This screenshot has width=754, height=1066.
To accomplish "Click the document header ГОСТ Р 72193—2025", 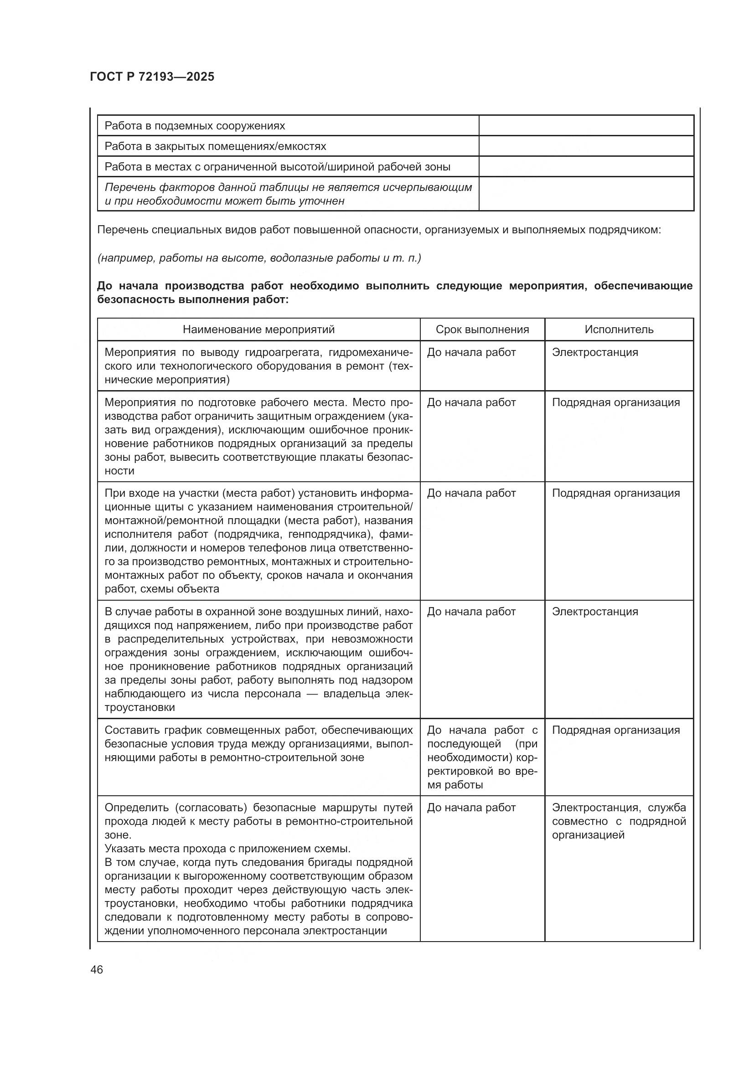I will coord(152,77).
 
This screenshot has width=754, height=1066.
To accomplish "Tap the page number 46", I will coord(97,969).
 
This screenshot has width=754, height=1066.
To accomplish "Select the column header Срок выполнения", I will coord(482,329).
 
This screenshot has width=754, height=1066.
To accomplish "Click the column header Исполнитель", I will coord(619,329).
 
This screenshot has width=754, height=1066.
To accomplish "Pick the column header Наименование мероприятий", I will coord(258,329).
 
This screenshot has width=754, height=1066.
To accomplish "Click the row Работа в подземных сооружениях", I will coord(195,126).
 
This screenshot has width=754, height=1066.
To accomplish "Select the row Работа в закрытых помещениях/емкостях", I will coord(215,146).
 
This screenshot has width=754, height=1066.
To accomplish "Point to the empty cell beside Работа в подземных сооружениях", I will coord(586,126).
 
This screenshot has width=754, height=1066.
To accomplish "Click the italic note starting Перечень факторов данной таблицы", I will coord(288,194).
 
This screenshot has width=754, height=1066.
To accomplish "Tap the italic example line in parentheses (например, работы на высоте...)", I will coord(258,257).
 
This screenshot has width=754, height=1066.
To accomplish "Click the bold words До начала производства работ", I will coord(193,286).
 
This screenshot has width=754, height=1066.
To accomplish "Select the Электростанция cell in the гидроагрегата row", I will coord(595,352).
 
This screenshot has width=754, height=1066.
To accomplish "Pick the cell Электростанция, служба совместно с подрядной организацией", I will coord(619,821).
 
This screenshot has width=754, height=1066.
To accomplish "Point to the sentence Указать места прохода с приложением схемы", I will coord(227,849).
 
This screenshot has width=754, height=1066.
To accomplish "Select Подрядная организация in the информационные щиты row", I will coord(615,493).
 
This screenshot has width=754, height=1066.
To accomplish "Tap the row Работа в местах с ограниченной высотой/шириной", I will coord(277,167).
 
